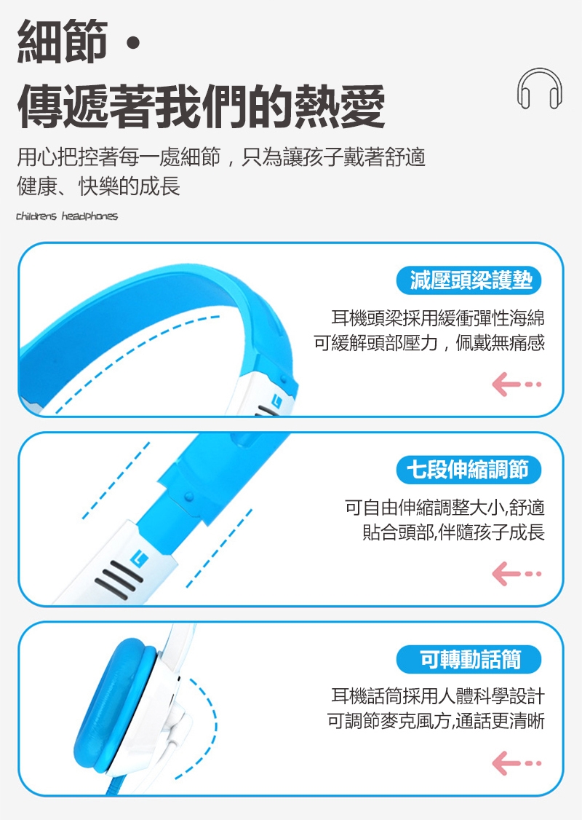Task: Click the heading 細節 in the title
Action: pyautogui.click(x=62, y=42)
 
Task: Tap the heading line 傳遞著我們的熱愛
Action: pyautogui.click(x=201, y=106)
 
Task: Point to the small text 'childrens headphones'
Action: pyautogui.click(x=67, y=216)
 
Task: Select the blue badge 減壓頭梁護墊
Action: pyautogui.click(x=469, y=280)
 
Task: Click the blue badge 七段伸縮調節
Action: pyautogui.click(x=469, y=470)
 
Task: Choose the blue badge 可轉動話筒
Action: pyautogui.click(x=469, y=659)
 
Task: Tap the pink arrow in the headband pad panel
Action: pyautogui.click(x=517, y=385)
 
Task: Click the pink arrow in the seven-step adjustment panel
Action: pyautogui.click(x=517, y=574)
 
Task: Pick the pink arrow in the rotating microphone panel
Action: pyautogui.click(x=517, y=763)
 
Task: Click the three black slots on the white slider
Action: pyautogui.click(x=118, y=580)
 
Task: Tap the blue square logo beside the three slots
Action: pyautogui.click(x=140, y=559)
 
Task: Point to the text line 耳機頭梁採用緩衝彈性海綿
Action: pyautogui.click(x=438, y=318)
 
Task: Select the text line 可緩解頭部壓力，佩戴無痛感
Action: pyautogui.click(x=429, y=342)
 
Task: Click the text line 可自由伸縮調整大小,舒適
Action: pyautogui.click(x=445, y=508)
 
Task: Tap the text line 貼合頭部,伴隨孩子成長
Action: pyautogui.click(x=453, y=532)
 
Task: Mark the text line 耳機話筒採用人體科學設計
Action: pyautogui.click(x=438, y=696)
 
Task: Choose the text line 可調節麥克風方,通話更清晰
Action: pyautogui.click(x=436, y=721)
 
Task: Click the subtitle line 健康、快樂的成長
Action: pyautogui.click(x=98, y=186)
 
